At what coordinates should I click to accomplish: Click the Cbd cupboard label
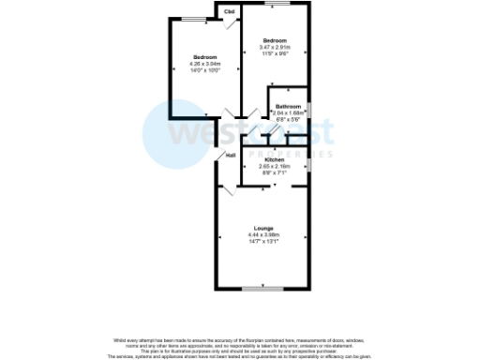[x=229, y=12]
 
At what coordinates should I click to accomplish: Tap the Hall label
[x=230, y=155]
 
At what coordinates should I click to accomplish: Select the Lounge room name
[x=262, y=228]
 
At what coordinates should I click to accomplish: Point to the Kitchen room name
[x=275, y=160]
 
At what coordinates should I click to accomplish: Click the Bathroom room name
[x=288, y=107]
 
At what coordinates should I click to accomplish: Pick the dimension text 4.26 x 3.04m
[x=205, y=64]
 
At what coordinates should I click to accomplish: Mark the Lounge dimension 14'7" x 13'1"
[x=262, y=242]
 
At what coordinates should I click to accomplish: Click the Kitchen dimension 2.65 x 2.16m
[x=275, y=167]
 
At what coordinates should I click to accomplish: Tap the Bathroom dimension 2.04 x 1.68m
[x=288, y=113]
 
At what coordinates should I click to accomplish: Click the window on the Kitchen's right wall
[x=310, y=160]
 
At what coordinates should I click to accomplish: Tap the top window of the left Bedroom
[x=195, y=19]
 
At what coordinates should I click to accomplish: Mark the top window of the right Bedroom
[x=277, y=6]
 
